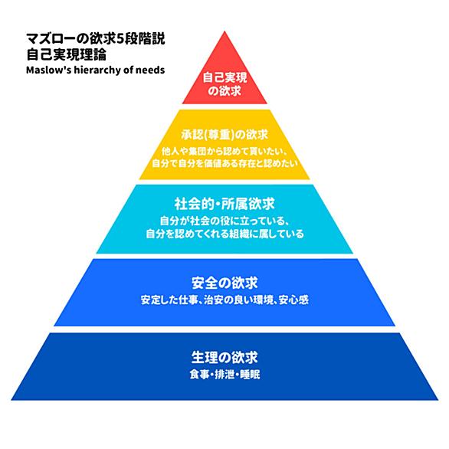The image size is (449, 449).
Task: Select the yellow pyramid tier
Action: [224, 145]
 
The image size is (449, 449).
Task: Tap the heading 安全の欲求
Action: [224, 283]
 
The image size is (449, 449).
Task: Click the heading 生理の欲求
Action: [224, 357]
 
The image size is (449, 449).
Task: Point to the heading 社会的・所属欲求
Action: [224, 204]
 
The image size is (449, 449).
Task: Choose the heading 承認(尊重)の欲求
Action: [224, 135]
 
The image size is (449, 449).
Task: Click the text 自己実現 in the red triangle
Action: [224, 77]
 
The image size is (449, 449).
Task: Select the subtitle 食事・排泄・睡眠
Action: [224, 375]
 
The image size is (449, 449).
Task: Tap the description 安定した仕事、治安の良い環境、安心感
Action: [224, 300]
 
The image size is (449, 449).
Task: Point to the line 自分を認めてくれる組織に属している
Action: [224, 234]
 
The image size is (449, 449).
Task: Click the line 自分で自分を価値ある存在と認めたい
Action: [224, 163]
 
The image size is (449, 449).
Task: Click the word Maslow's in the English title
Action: [49, 70]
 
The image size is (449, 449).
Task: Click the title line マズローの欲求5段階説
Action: [96, 38]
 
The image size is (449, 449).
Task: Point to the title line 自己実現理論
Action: [67, 54]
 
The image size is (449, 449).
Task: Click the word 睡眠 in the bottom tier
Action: [250, 375]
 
